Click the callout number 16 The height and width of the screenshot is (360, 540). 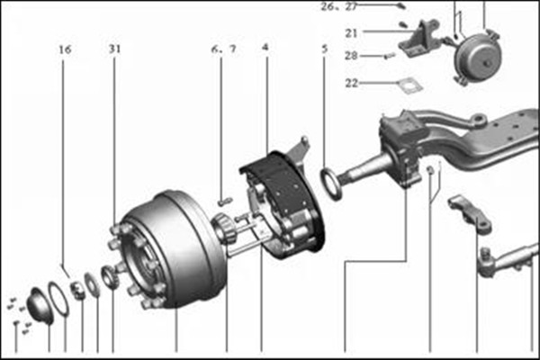point(65,49)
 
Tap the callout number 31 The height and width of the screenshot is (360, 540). point(115,49)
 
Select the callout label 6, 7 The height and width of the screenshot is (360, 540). point(224,49)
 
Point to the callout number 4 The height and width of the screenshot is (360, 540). point(265,47)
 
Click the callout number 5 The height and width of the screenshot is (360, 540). point(324,49)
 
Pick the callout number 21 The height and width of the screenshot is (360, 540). point(351,33)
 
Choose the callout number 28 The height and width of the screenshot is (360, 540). point(351,56)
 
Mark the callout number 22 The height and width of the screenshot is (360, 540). point(352,83)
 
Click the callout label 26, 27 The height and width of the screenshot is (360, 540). point(339,6)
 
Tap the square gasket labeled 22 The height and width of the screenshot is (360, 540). point(409,85)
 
